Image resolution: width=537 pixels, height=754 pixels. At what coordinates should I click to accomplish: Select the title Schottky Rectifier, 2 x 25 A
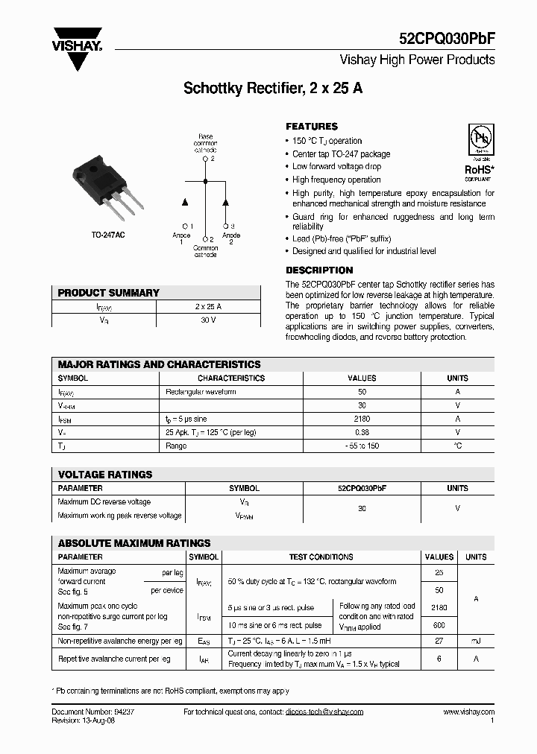tap(273, 88)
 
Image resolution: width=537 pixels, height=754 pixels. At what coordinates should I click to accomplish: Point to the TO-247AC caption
tap(109, 235)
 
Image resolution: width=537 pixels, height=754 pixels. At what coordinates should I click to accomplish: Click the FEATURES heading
tap(312, 127)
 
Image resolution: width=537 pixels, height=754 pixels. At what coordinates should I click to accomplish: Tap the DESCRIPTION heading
tap(319, 270)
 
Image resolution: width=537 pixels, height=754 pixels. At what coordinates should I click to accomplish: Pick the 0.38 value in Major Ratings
tap(362, 432)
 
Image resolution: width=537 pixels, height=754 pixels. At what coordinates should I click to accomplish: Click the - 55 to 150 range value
tap(362, 446)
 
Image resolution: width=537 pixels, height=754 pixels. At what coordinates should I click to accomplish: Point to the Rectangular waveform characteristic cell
tap(201, 392)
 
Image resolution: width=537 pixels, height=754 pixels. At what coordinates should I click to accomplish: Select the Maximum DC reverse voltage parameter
tap(104, 502)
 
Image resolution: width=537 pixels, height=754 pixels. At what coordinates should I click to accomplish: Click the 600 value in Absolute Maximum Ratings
tap(439, 626)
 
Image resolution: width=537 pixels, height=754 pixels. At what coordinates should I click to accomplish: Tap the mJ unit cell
tap(476, 641)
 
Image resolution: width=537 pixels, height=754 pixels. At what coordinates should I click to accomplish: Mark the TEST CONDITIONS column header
tap(321, 557)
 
